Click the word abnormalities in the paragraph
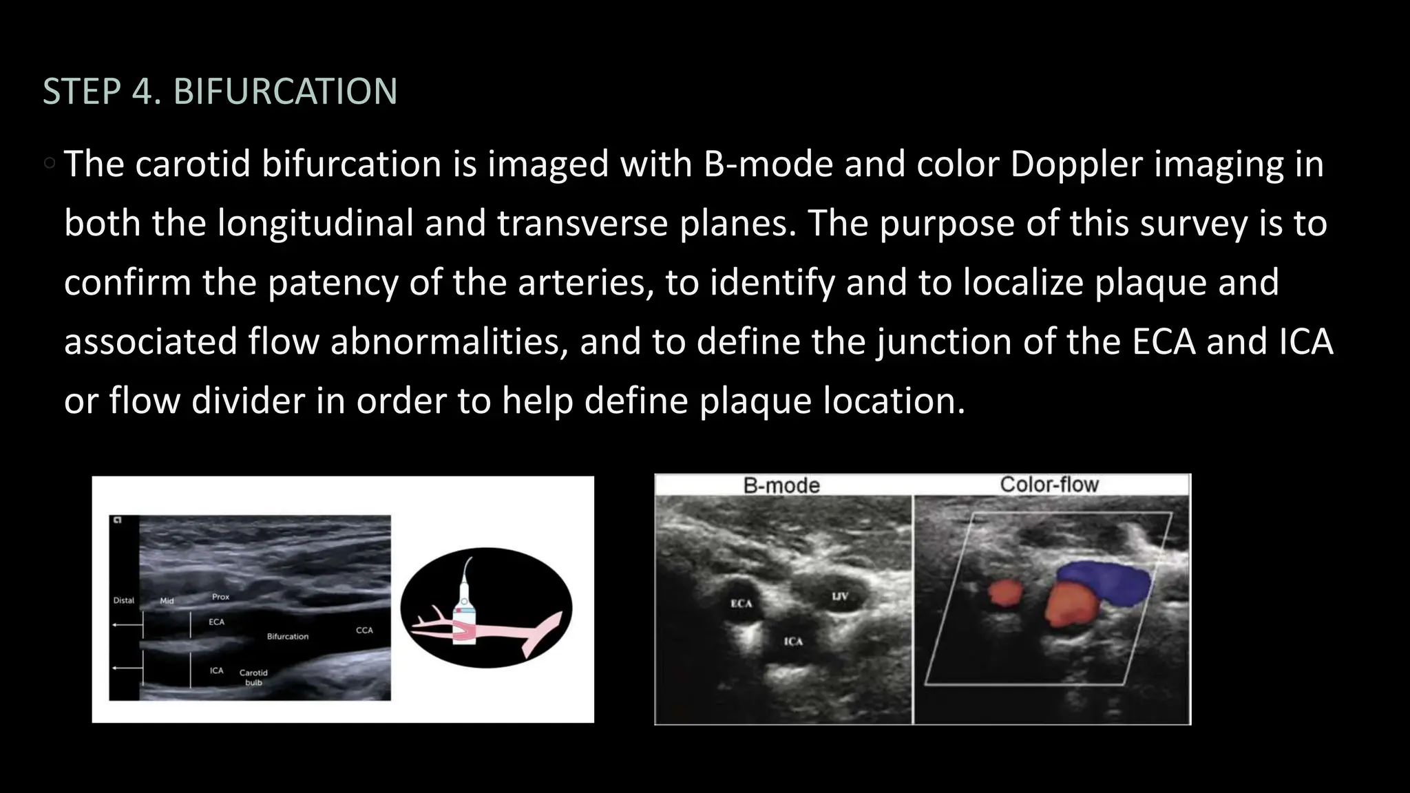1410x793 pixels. (449, 342)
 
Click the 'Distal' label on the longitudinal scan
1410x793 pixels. (124, 600)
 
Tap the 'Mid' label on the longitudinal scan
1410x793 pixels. (167, 601)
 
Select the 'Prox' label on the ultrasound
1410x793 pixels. (220, 597)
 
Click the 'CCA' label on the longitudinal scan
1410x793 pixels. (364, 630)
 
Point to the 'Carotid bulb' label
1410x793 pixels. (253, 677)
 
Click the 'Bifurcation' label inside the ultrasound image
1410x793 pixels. (288, 637)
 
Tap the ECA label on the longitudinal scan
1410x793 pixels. (216, 622)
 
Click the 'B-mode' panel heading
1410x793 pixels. (781, 486)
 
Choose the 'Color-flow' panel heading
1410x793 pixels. (1049, 485)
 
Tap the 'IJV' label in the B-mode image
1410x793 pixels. (839, 596)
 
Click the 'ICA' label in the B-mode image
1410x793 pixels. (793, 642)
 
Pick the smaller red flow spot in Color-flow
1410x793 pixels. (1006, 593)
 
